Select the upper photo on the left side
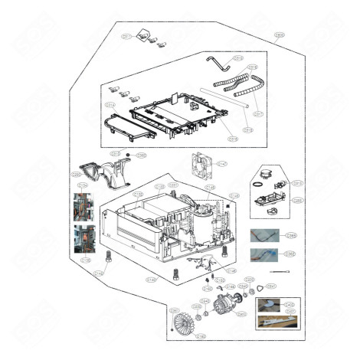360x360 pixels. (x=83, y=206)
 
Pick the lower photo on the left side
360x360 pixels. (x=83, y=239)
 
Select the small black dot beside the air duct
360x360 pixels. (x=128, y=155)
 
